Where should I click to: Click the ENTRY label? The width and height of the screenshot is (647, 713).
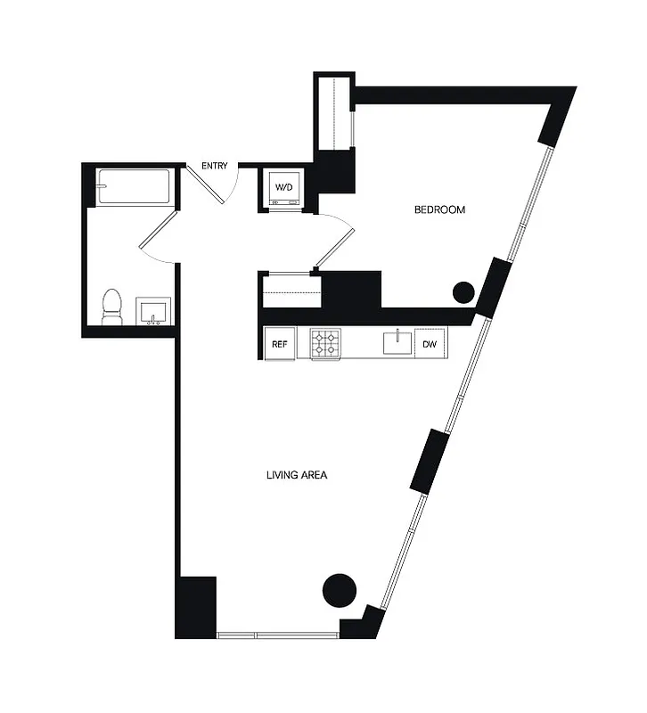tap(215, 166)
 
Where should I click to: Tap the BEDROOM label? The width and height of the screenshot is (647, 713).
tap(440, 210)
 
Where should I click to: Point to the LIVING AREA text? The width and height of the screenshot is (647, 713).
tap(297, 475)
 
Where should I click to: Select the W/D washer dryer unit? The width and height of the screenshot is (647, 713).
tap(284, 188)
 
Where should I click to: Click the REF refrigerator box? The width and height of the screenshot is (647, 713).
tap(279, 344)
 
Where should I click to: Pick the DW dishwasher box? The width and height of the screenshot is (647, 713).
tap(430, 344)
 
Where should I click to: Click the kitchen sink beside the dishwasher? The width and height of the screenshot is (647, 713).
tap(392, 342)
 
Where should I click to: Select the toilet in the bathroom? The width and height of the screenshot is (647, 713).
tap(112, 307)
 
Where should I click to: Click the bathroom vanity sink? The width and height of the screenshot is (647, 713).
tap(154, 313)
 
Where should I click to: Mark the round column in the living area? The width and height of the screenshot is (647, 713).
tap(339, 589)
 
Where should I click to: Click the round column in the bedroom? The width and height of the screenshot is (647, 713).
tap(463, 291)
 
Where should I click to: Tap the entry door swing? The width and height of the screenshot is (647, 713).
tap(212, 184)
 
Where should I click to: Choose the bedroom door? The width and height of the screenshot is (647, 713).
tap(335, 241)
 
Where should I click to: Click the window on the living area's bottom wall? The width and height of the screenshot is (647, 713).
tap(277, 635)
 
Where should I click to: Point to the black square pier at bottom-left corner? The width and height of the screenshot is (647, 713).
tap(196, 606)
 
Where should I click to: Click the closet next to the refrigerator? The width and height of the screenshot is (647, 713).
tap(291, 290)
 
